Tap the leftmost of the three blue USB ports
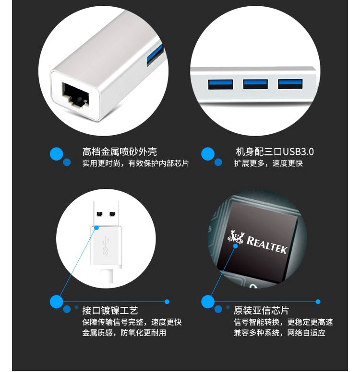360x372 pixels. (220, 84)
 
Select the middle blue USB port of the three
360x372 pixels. (255, 84)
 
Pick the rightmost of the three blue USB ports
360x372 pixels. (290, 84)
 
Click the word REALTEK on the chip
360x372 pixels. (266, 245)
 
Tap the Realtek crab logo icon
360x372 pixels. (235, 237)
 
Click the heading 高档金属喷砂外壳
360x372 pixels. (120, 151)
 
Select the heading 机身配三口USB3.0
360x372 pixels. (275, 151)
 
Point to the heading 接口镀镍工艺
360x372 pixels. (110, 310)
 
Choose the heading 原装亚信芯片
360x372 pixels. (261, 310)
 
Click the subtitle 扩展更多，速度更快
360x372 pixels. (268, 163)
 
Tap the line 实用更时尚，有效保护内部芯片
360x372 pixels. (135, 163)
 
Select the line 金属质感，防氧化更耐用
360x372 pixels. (124, 333)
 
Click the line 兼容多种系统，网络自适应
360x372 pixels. (279, 333)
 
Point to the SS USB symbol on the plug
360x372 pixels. (106, 246)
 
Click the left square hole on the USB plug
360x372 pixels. (100, 214)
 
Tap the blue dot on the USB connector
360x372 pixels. (96, 228)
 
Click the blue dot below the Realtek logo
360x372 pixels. (236, 246)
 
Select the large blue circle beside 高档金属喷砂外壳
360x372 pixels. (56, 154)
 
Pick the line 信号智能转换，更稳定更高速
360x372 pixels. (283, 322)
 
